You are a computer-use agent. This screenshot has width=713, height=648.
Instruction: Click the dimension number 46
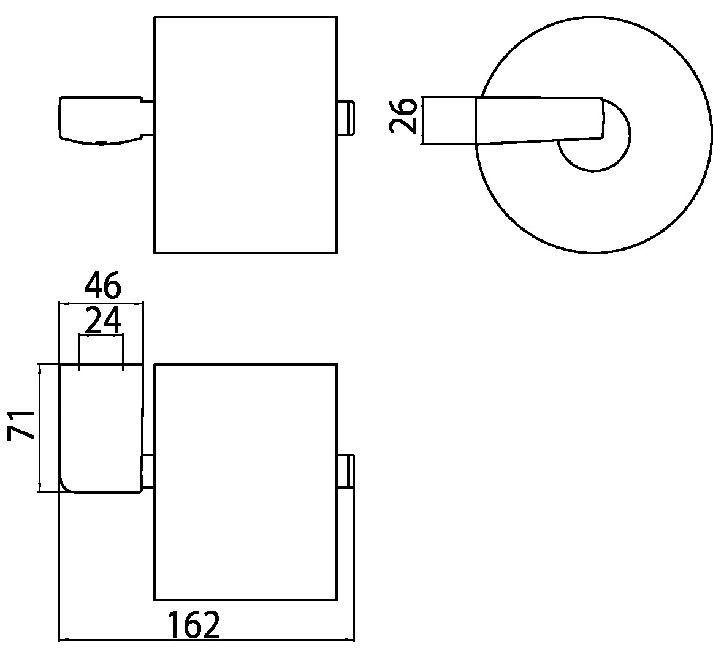click(102, 285)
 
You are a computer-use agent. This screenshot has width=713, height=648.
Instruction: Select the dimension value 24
click(103, 320)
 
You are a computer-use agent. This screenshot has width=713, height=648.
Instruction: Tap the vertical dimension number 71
click(21, 425)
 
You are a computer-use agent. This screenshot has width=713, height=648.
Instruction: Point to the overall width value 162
click(194, 624)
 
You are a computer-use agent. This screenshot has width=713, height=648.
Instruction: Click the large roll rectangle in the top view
click(246, 135)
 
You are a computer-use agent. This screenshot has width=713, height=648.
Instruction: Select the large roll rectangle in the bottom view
click(246, 482)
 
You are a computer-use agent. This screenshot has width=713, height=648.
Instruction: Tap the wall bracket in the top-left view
click(101, 121)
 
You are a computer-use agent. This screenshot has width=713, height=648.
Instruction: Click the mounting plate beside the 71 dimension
click(101, 428)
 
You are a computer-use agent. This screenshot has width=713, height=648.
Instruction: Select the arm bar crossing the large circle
click(540, 121)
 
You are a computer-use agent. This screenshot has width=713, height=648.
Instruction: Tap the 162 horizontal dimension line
click(207, 640)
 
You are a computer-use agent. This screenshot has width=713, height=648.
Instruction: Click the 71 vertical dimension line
click(40, 428)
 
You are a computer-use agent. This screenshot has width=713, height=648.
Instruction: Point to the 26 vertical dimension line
click(423, 121)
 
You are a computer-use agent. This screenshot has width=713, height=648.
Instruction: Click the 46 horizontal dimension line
click(101, 303)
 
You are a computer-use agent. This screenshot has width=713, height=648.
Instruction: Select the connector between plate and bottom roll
click(148, 471)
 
